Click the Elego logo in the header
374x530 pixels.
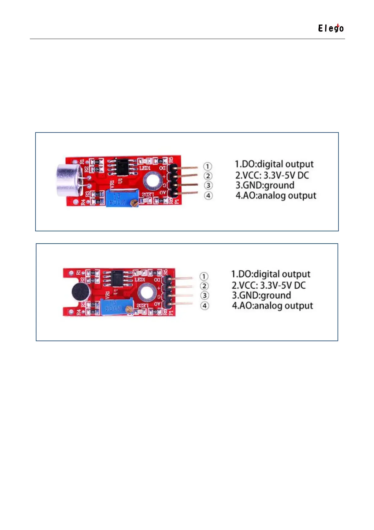coord(331,28)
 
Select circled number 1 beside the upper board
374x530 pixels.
coord(208,166)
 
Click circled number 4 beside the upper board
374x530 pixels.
coord(208,195)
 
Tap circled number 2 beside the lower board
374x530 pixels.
coord(204,286)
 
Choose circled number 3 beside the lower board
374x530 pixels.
coord(204,296)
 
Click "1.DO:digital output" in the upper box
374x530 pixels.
coord(274,164)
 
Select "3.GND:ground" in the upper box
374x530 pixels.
coord(265,185)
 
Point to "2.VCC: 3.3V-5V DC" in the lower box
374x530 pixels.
coord(268,285)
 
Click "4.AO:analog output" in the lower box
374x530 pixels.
coord(272,306)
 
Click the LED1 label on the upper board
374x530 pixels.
coord(145,168)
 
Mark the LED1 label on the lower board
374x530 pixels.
coord(140,279)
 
